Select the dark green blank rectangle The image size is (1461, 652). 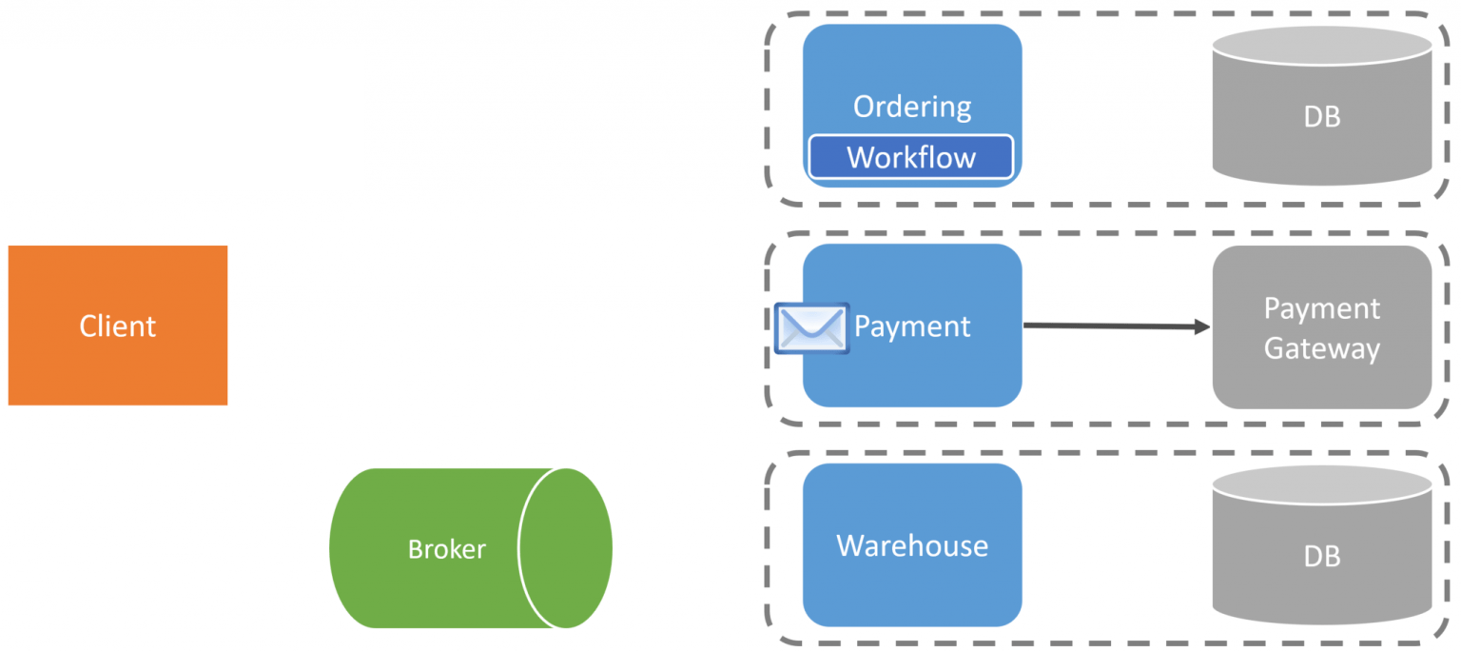[181, 120]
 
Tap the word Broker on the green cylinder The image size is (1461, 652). [446, 549]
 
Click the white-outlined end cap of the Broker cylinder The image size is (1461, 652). [565, 548]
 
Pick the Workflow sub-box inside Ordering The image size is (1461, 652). [910, 157]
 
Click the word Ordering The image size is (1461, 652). [911, 107]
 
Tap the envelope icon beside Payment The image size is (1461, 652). [810, 327]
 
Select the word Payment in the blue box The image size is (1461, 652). [911, 326]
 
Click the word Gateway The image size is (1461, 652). [1321, 348]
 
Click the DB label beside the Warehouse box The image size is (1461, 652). [1321, 556]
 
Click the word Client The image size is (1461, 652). [117, 326]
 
